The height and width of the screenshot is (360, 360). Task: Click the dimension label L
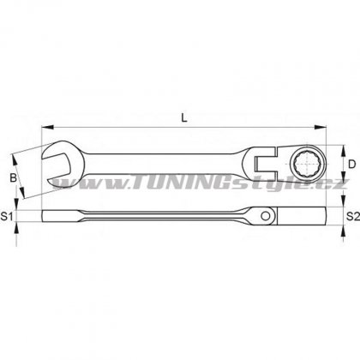[184, 117]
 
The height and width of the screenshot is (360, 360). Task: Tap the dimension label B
[13, 177]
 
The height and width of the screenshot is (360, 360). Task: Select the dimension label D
[352, 165]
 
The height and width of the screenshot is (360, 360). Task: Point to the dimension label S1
[7, 217]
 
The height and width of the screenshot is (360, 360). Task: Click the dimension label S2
[353, 217]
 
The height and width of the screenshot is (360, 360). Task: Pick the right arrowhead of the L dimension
[320, 127]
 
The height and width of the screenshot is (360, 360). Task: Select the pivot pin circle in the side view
[266, 216]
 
